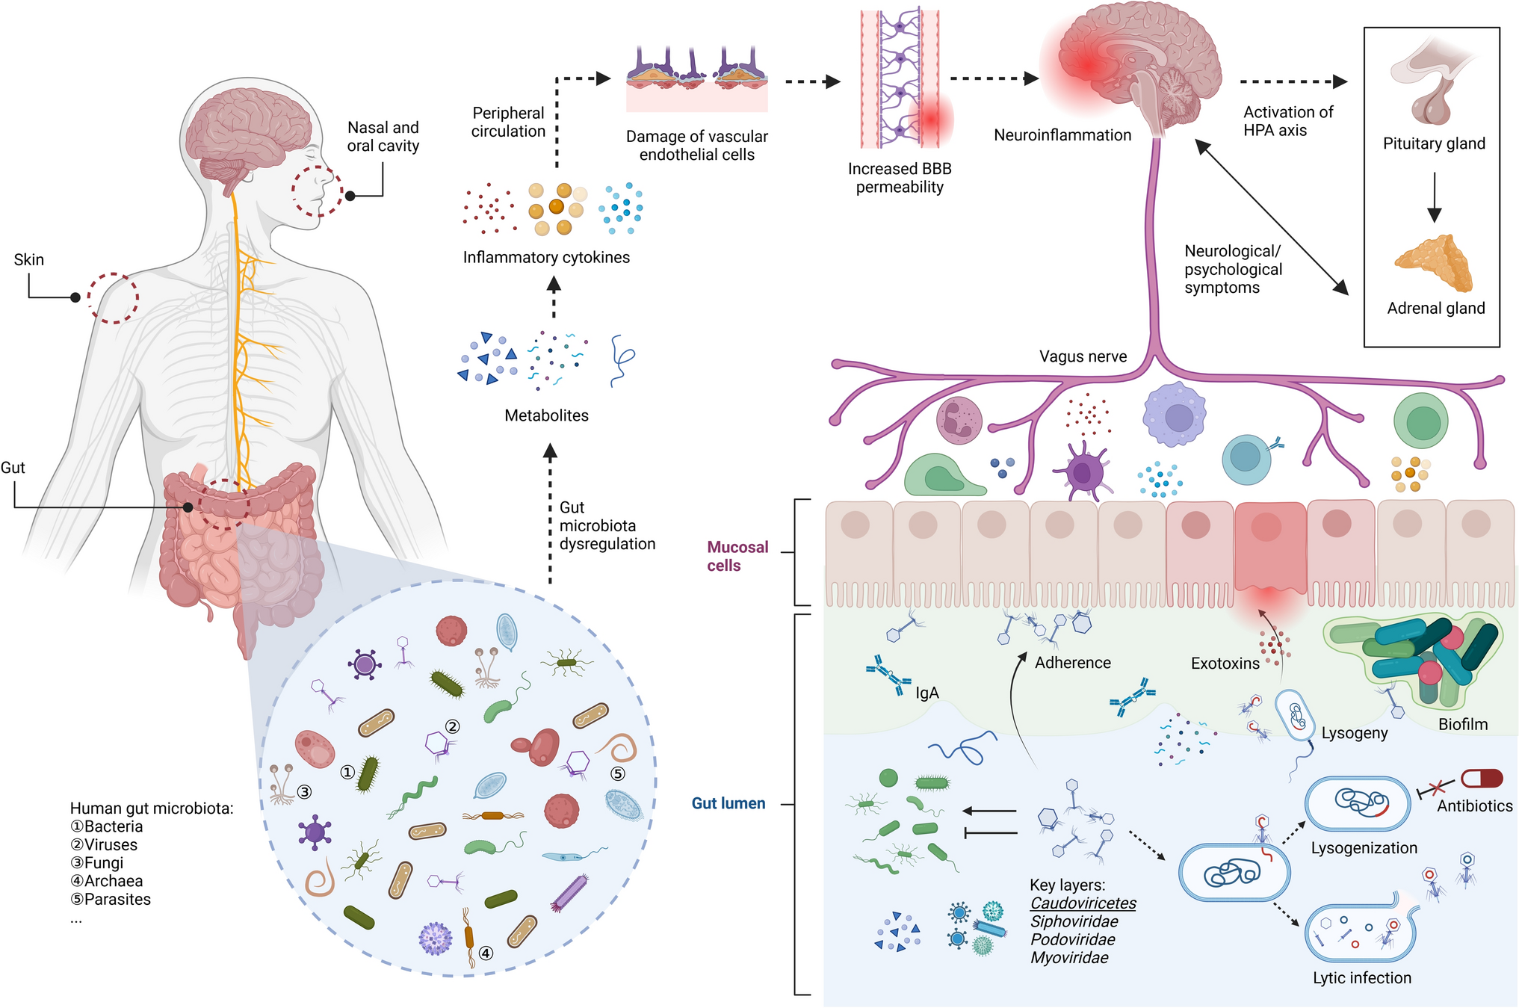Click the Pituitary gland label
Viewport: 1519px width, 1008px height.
[1433, 143]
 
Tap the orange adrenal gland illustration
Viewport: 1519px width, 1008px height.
[1434, 263]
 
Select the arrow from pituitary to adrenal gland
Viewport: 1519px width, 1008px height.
[1434, 198]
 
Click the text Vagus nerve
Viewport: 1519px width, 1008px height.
[1083, 356]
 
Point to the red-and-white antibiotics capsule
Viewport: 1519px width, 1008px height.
[1481, 778]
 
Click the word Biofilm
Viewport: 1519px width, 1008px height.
[1462, 724]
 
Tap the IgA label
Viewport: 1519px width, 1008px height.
[926, 693]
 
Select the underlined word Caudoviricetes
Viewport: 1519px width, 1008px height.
[1083, 903]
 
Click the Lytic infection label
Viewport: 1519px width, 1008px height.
[1361, 977]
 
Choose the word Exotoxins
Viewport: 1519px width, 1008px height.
[1225, 663]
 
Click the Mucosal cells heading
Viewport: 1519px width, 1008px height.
[737, 556]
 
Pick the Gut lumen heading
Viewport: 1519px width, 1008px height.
[728, 803]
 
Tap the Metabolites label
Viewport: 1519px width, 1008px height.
[546, 415]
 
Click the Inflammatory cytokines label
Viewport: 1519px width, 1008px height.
[546, 257]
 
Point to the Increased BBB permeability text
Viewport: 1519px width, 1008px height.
[900, 178]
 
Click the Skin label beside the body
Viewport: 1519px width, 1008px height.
[29, 259]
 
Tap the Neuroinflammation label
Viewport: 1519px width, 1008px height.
[1062, 135]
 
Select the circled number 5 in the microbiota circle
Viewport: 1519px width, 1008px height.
[618, 773]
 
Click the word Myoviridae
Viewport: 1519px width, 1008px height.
[1069, 958]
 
